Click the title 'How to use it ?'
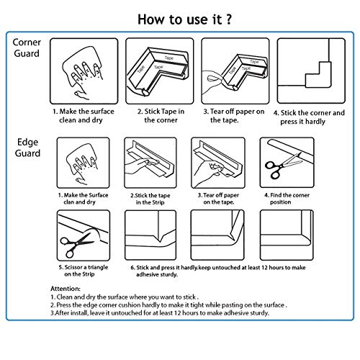pyautogui.click(x=184, y=19)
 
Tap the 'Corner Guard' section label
pyautogui.click(x=27, y=48)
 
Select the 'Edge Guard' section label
pyautogui.click(x=27, y=148)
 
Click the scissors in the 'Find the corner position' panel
pyautogui.click(x=283, y=165)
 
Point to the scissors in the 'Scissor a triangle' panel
pyautogui.click(x=76, y=244)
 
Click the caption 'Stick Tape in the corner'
pyautogui.click(x=161, y=116)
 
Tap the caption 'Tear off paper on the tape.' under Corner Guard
pyautogui.click(x=233, y=116)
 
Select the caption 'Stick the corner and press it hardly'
pyautogui.click(x=309, y=117)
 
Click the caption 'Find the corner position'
pyautogui.click(x=287, y=199)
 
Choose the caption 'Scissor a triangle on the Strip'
pyautogui.click(x=84, y=271)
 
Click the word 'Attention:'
pyautogui.click(x=66, y=289)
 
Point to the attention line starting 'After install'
pyautogui.click(x=160, y=313)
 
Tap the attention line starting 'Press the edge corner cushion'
pyautogui.click(x=168, y=305)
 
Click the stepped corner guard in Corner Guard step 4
pyautogui.click(x=318, y=74)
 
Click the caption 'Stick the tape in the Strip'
pyautogui.click(x=150, y=199)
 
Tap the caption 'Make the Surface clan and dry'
pyautogui.click(x=83, y=199)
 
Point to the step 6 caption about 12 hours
pyautogui.click(x=218, y=271)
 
